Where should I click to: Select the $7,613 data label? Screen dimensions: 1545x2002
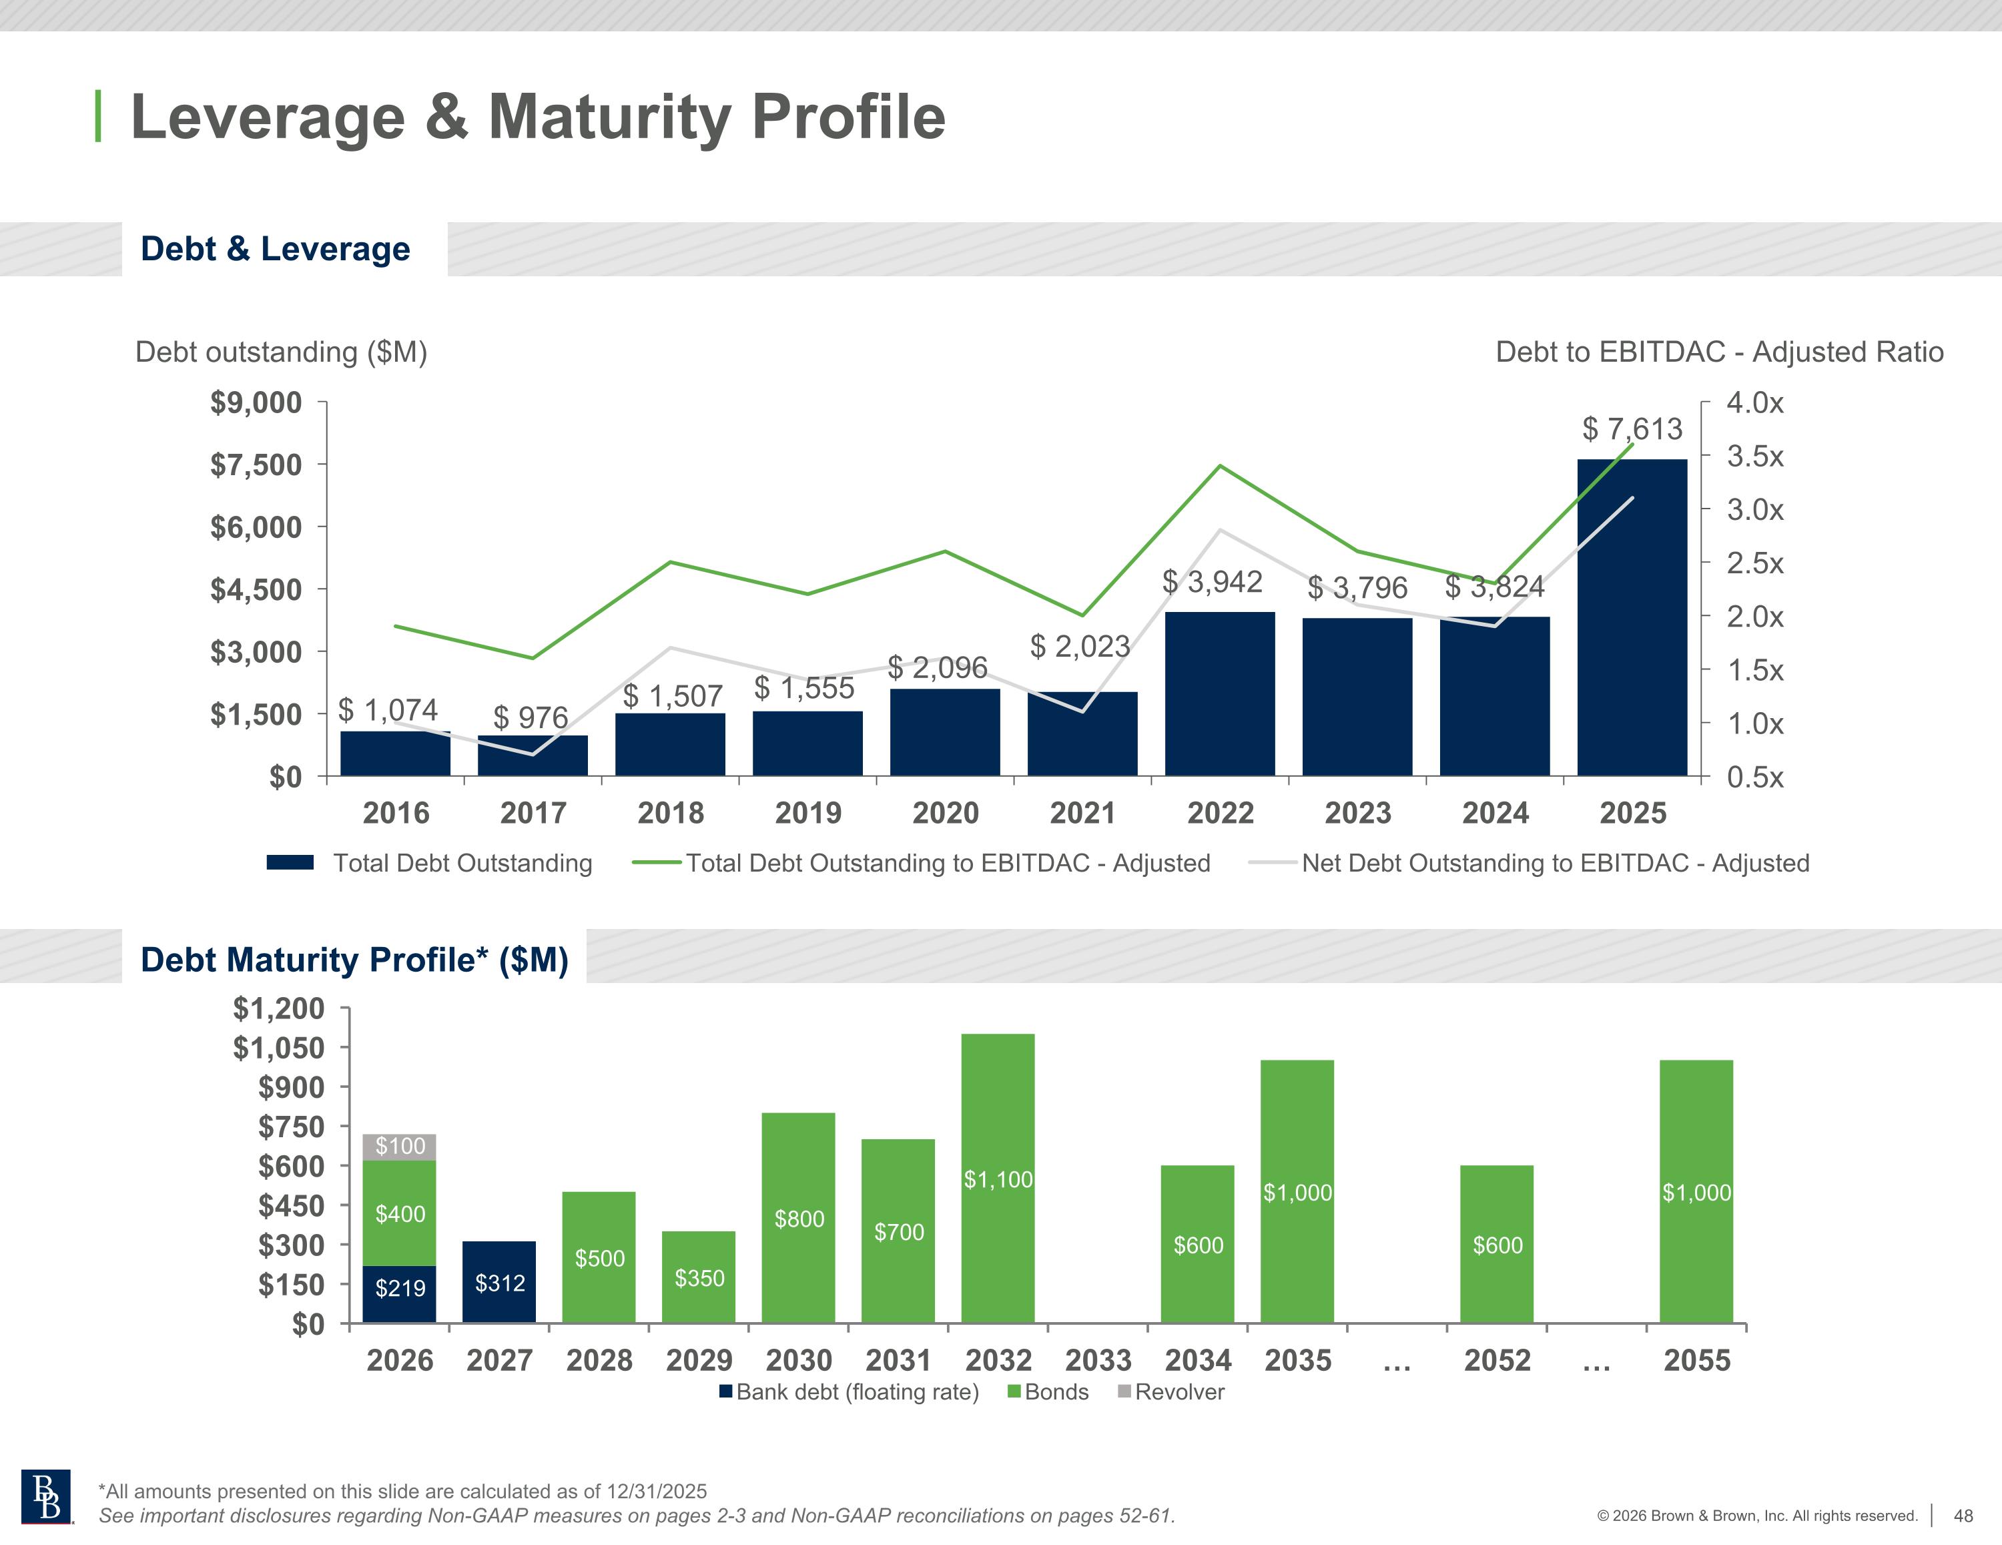[1632, 428]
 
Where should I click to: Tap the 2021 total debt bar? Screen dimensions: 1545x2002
[1082, 733]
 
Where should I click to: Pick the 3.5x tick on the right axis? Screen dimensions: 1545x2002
[1754, 456]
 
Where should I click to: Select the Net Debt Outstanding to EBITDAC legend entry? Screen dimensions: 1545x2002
[1555, 863]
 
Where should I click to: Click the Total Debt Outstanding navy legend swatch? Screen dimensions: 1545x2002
[290, 863]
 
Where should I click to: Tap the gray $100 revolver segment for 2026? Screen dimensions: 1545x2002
[400, 1146]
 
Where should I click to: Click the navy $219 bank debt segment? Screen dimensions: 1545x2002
[400, 1293]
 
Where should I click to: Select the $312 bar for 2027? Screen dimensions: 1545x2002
[500, 1282]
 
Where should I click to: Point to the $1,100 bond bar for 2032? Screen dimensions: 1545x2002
[998, 1178]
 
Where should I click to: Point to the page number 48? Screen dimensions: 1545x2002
[1963, 1516]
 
